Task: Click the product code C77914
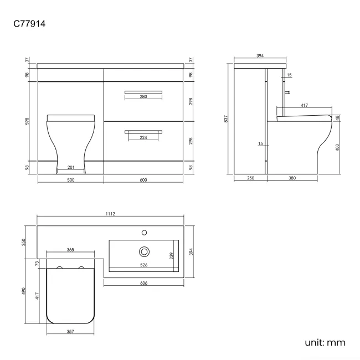click(29, 25)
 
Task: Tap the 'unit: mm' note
click(325, 342)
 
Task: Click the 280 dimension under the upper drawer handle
click(143, 97)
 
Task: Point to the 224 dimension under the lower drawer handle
click(143, 138)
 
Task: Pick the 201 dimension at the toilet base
click(70, 167)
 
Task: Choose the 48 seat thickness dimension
click(337, 117)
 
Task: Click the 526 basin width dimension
click(143, 265)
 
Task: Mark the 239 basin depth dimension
click(171, 255)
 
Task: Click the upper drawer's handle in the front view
click(143, 91)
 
